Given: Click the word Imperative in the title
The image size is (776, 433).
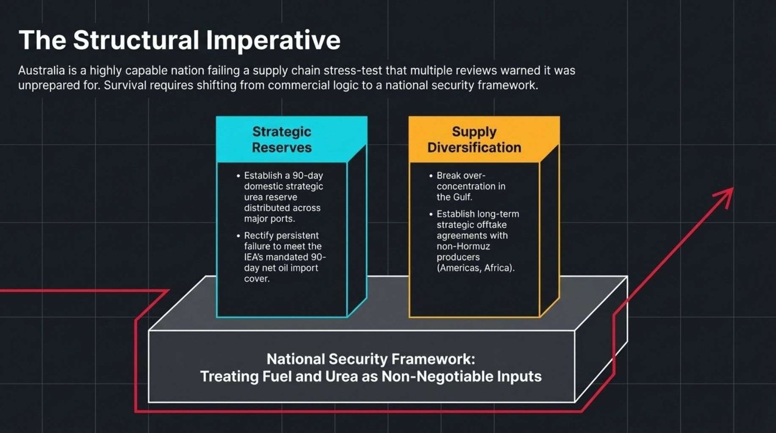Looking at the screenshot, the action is tap(273, 41).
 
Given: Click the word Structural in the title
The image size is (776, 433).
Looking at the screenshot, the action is tap(136, 40).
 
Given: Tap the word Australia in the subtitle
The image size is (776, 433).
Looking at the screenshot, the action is tap(41, 70).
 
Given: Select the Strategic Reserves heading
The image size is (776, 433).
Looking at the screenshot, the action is tap(282, 140).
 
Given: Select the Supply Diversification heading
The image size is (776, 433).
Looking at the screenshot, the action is tap(474, 140).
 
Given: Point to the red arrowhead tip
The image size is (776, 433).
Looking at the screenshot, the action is tap(733, 188).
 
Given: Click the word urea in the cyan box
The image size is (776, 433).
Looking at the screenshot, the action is tap(254, 197).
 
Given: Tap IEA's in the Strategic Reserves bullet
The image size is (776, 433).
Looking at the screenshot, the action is tap(254, 257).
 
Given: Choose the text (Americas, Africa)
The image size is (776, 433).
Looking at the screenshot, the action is tap(476, 268).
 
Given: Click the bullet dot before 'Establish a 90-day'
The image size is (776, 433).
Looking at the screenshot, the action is tap(238, 176).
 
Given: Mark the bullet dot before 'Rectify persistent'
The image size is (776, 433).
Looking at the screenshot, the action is tap(238, 236).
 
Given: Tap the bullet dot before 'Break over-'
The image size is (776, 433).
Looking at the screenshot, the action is tap(431, 176).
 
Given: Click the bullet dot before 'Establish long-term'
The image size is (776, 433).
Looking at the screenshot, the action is tap(431, 214).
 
